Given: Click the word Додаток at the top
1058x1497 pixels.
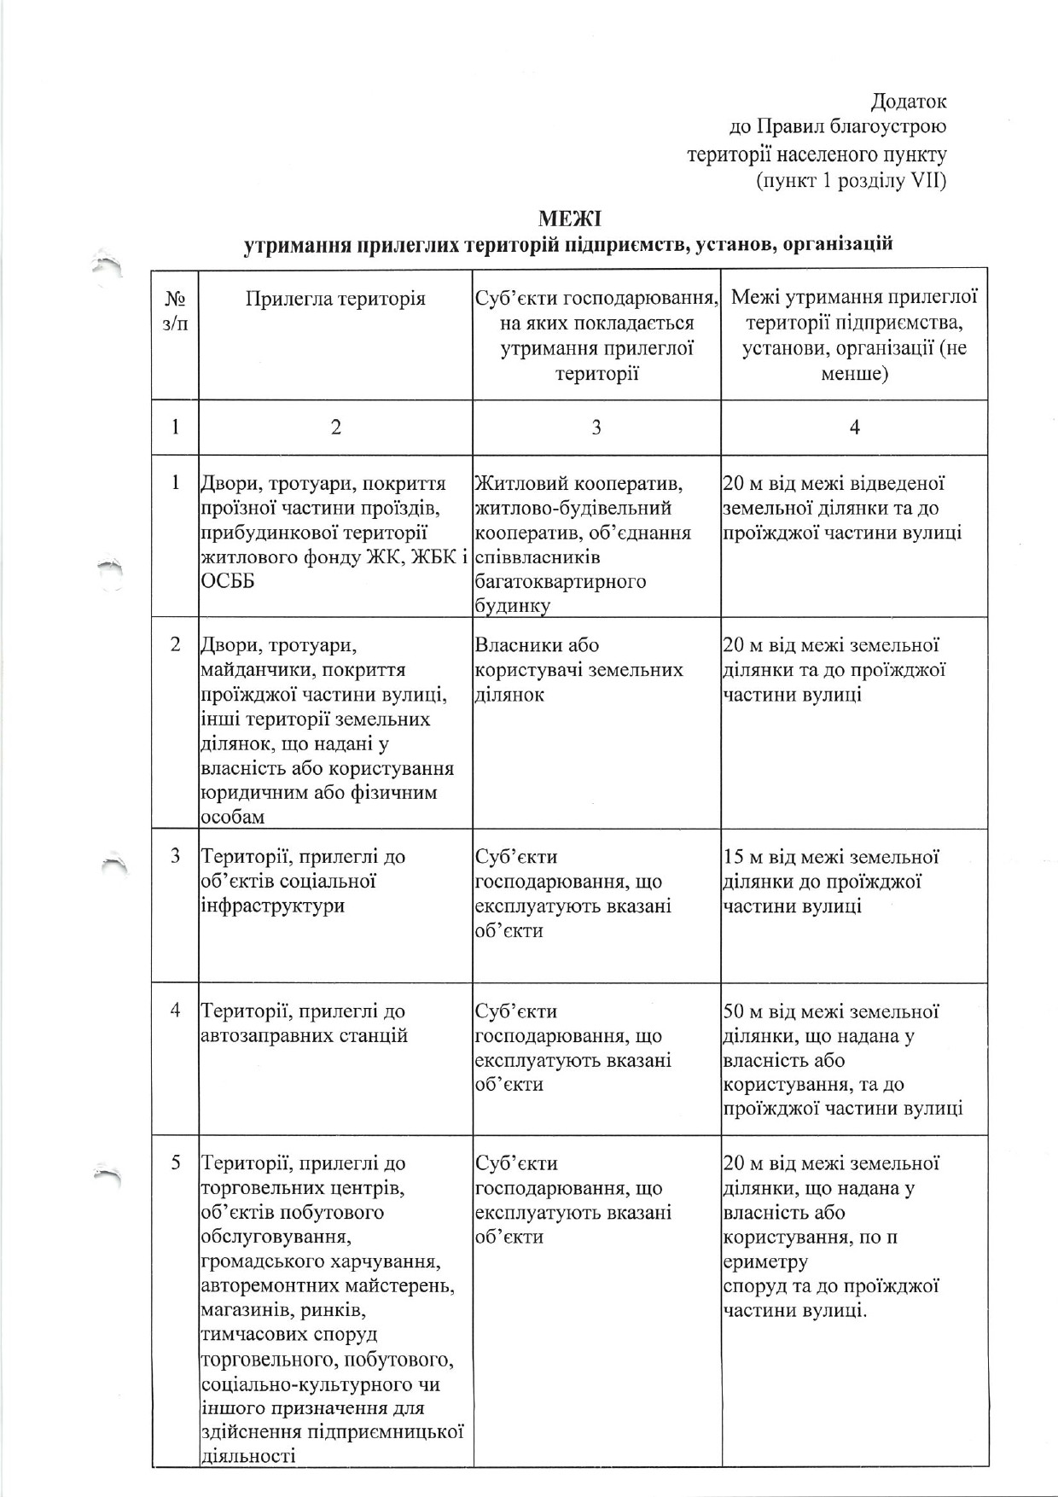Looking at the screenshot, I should pyautogui.click(x=908, y=102).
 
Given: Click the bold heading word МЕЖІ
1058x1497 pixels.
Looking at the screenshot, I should pyautogui.click(x=569, y=218).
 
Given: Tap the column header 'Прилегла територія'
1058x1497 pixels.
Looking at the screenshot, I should pyautogui.click(x=335, y=298).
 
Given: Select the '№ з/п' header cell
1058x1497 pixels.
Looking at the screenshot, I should pyautogui.click(x=175, y=312).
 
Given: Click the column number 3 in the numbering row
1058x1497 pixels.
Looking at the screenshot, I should pyautogui.click(x=596, y=428).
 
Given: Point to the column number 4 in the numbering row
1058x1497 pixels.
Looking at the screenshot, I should pyautogui.click(x=854, y=428).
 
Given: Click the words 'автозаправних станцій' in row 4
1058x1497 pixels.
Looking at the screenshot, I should pyautogui.click(x=304, y=1036).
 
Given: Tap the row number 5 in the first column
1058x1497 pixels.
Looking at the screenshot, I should pyautogui.click(x=176, y=1162).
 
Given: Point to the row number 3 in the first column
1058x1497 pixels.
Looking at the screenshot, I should pyautogui.click(x=176, y=856).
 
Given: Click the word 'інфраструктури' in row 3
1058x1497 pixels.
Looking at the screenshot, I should pyautogui.click(x=272, y=906).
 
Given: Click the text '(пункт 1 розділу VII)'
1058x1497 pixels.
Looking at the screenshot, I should pyautogui.click(x=851, y=181).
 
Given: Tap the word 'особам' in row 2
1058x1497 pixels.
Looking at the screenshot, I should pyautogui.click(x=232, y=817).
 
